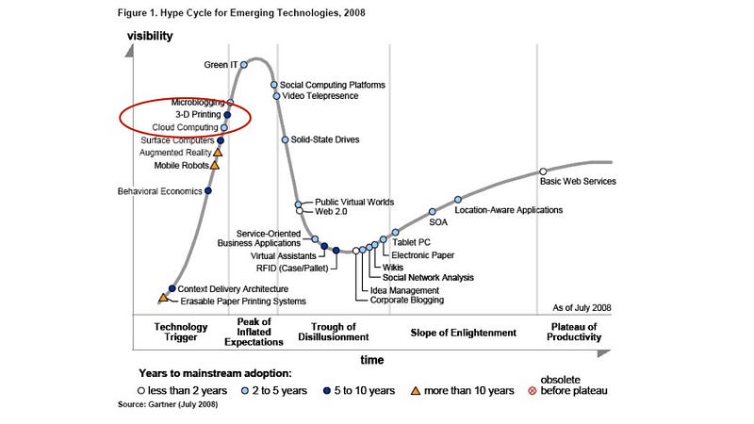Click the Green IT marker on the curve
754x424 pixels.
point(243,64)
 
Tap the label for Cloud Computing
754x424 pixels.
point(185,127)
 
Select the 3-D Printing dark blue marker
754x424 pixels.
point(227,115)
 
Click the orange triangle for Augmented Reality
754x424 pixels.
point(218,151)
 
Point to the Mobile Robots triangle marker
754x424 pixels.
point(214,165)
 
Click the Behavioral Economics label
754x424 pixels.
point(159,191)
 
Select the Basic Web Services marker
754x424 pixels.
point(543,171)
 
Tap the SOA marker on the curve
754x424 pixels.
point(433,212)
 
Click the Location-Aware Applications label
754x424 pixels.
point(508,210)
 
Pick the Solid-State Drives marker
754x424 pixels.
point(285,139)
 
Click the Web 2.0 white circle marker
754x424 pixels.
point(300,211)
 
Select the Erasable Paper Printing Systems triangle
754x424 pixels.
point(163,298)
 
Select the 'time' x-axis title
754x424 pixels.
point(372,359)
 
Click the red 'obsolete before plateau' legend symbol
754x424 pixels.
point(533,390)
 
